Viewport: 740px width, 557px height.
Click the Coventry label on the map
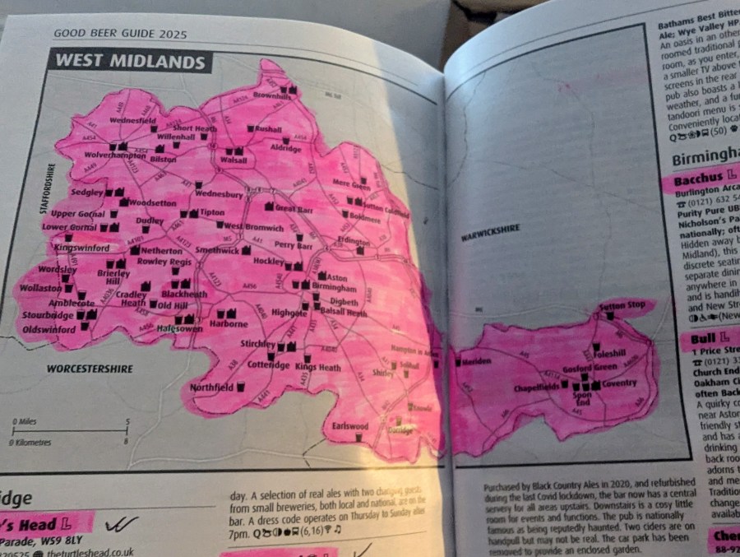[x=619, y=383]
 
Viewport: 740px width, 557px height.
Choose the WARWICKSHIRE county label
[x=491, y=230]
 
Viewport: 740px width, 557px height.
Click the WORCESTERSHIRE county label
[x=90, y=369]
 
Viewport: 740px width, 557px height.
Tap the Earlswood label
[x=350, y=426]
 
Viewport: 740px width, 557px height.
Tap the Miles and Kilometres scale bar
[x=69, y=431]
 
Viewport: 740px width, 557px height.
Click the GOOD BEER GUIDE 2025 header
[x=120, y=34]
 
